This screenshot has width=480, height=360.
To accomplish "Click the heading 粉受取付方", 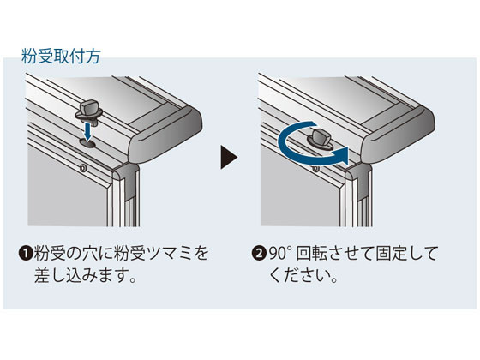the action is click(x=61, y=57).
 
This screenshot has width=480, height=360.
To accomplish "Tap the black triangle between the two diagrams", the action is click(x=229, y=158).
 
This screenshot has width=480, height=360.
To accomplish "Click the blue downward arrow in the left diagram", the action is click(x=87, y=130).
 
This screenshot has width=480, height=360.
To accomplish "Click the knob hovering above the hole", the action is click(x=89, y=111).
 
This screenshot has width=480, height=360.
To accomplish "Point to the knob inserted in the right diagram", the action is click(x=320, y=139).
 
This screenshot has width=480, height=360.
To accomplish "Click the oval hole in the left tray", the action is click(x=87, y=142).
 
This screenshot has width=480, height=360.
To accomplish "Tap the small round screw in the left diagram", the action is click(x=83, y=167).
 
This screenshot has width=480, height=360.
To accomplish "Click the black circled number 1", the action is click(x=26, y=254).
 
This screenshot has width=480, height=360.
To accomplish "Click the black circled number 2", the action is click(x=258, y=254).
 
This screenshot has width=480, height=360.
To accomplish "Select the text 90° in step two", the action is click(x=279, y=254).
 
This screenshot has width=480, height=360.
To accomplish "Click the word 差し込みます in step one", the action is click(x=80, y=275).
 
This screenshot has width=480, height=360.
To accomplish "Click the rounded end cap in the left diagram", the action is click(x=165, y=137).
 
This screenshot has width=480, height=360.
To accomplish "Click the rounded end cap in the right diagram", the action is click(x=398, y=137).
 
